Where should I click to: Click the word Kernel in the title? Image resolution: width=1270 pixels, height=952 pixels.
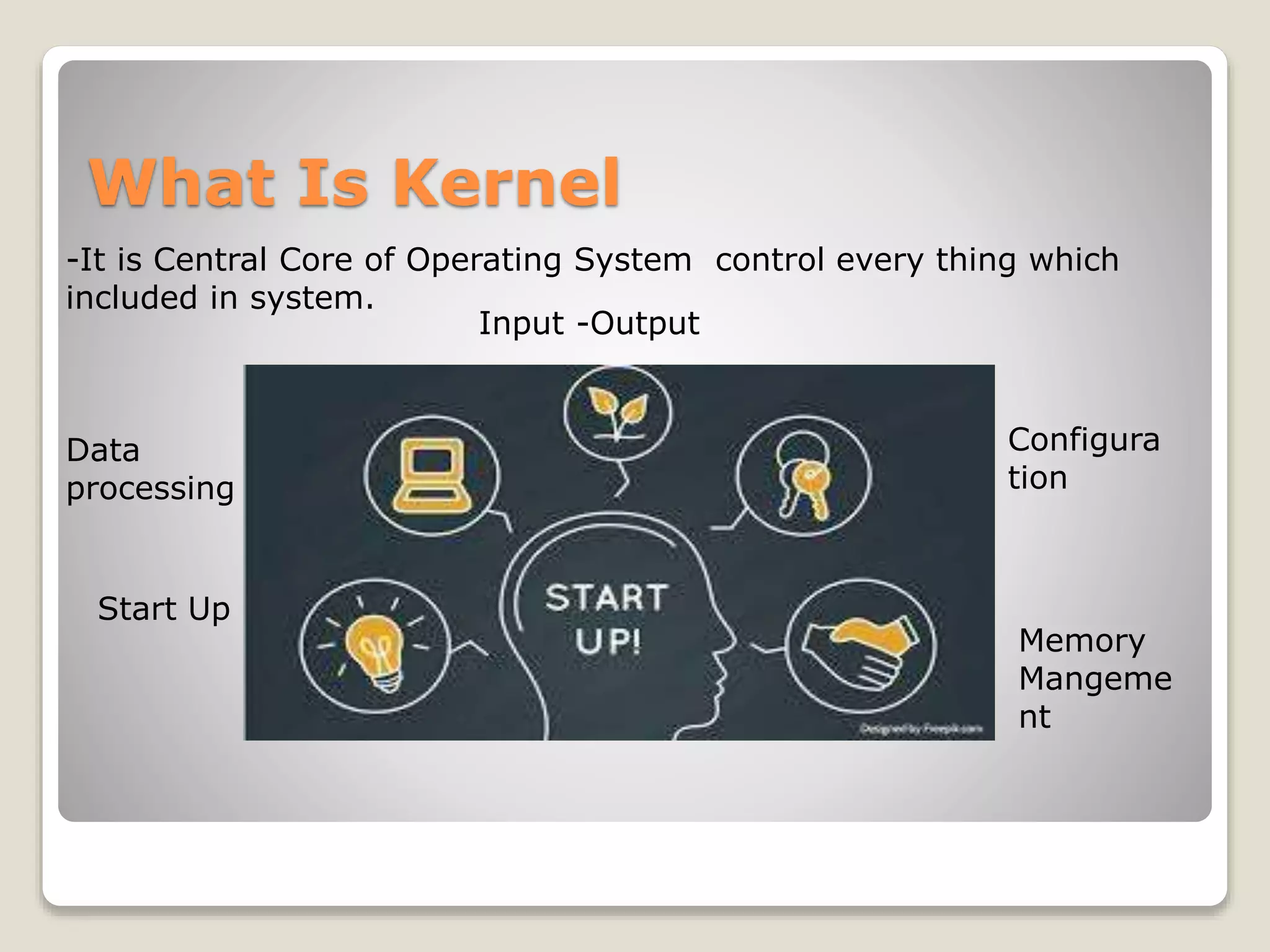coord(505,183)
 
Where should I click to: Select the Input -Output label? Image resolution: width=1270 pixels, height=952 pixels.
coord(588,323)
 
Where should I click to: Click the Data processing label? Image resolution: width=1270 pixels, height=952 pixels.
coord(149,469)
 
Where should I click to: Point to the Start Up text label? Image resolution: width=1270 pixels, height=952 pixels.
coord(164,609)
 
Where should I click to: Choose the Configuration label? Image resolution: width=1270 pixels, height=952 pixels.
coord(1083,459)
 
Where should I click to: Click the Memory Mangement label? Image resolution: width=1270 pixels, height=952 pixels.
coord(1095,678)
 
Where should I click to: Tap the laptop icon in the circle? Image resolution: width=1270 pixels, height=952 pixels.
coord(432,475)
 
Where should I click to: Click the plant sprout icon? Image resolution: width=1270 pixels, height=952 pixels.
coord(618,413)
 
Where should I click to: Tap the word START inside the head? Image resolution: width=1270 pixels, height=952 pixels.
coord(606,597)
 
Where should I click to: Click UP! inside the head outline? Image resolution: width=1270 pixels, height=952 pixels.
coord(608,641)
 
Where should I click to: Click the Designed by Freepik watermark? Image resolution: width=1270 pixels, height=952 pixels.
coord(920,729)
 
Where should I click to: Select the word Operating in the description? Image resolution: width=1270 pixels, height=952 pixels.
coord(484,260)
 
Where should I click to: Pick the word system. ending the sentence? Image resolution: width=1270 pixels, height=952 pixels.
coord(311,298)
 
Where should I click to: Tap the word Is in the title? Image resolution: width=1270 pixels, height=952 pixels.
coord(333,183)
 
